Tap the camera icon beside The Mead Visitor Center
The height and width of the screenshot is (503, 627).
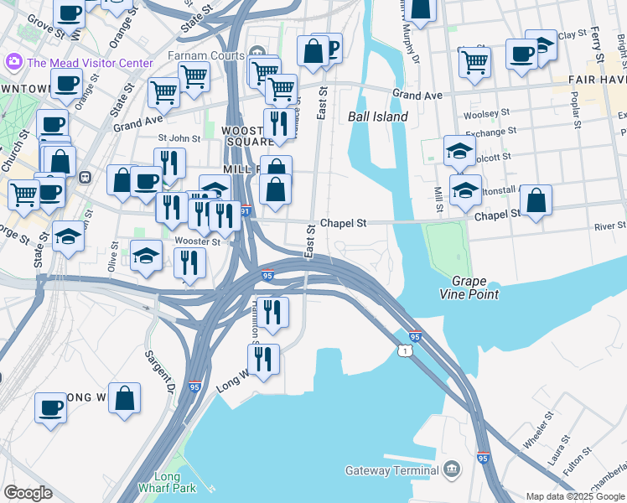click(x=13, y=62)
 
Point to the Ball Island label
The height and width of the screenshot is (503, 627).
click(x=378, y=117)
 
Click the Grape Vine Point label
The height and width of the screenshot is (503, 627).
click(x=474, y=288)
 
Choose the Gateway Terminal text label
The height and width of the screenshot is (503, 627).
click(x=393, y=470)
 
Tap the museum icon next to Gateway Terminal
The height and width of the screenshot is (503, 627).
click(x=452, y=469)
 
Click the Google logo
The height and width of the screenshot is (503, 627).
click(x=28, y=493)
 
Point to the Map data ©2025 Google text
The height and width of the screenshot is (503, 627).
click(x=574, y=496)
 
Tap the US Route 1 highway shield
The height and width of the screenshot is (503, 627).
click(x=406, y=350)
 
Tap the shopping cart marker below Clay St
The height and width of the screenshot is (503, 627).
click(x=474, y=61)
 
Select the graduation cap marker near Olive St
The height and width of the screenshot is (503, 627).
click(x=147, y=256)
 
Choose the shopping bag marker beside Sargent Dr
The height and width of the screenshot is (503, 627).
click(x=124, y=399)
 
